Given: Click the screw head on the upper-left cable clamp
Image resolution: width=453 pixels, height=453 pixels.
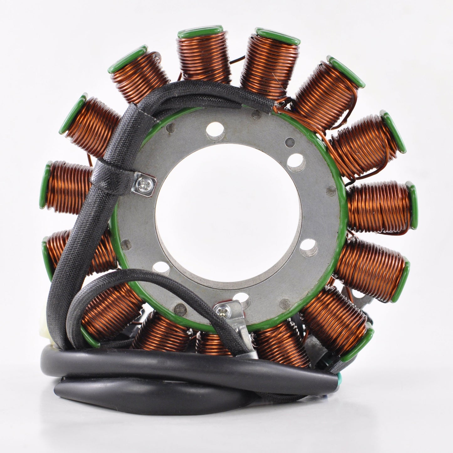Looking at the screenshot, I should [x=144, y=181].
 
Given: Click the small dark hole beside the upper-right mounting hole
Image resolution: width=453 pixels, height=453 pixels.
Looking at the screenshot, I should [x=291, y=141].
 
